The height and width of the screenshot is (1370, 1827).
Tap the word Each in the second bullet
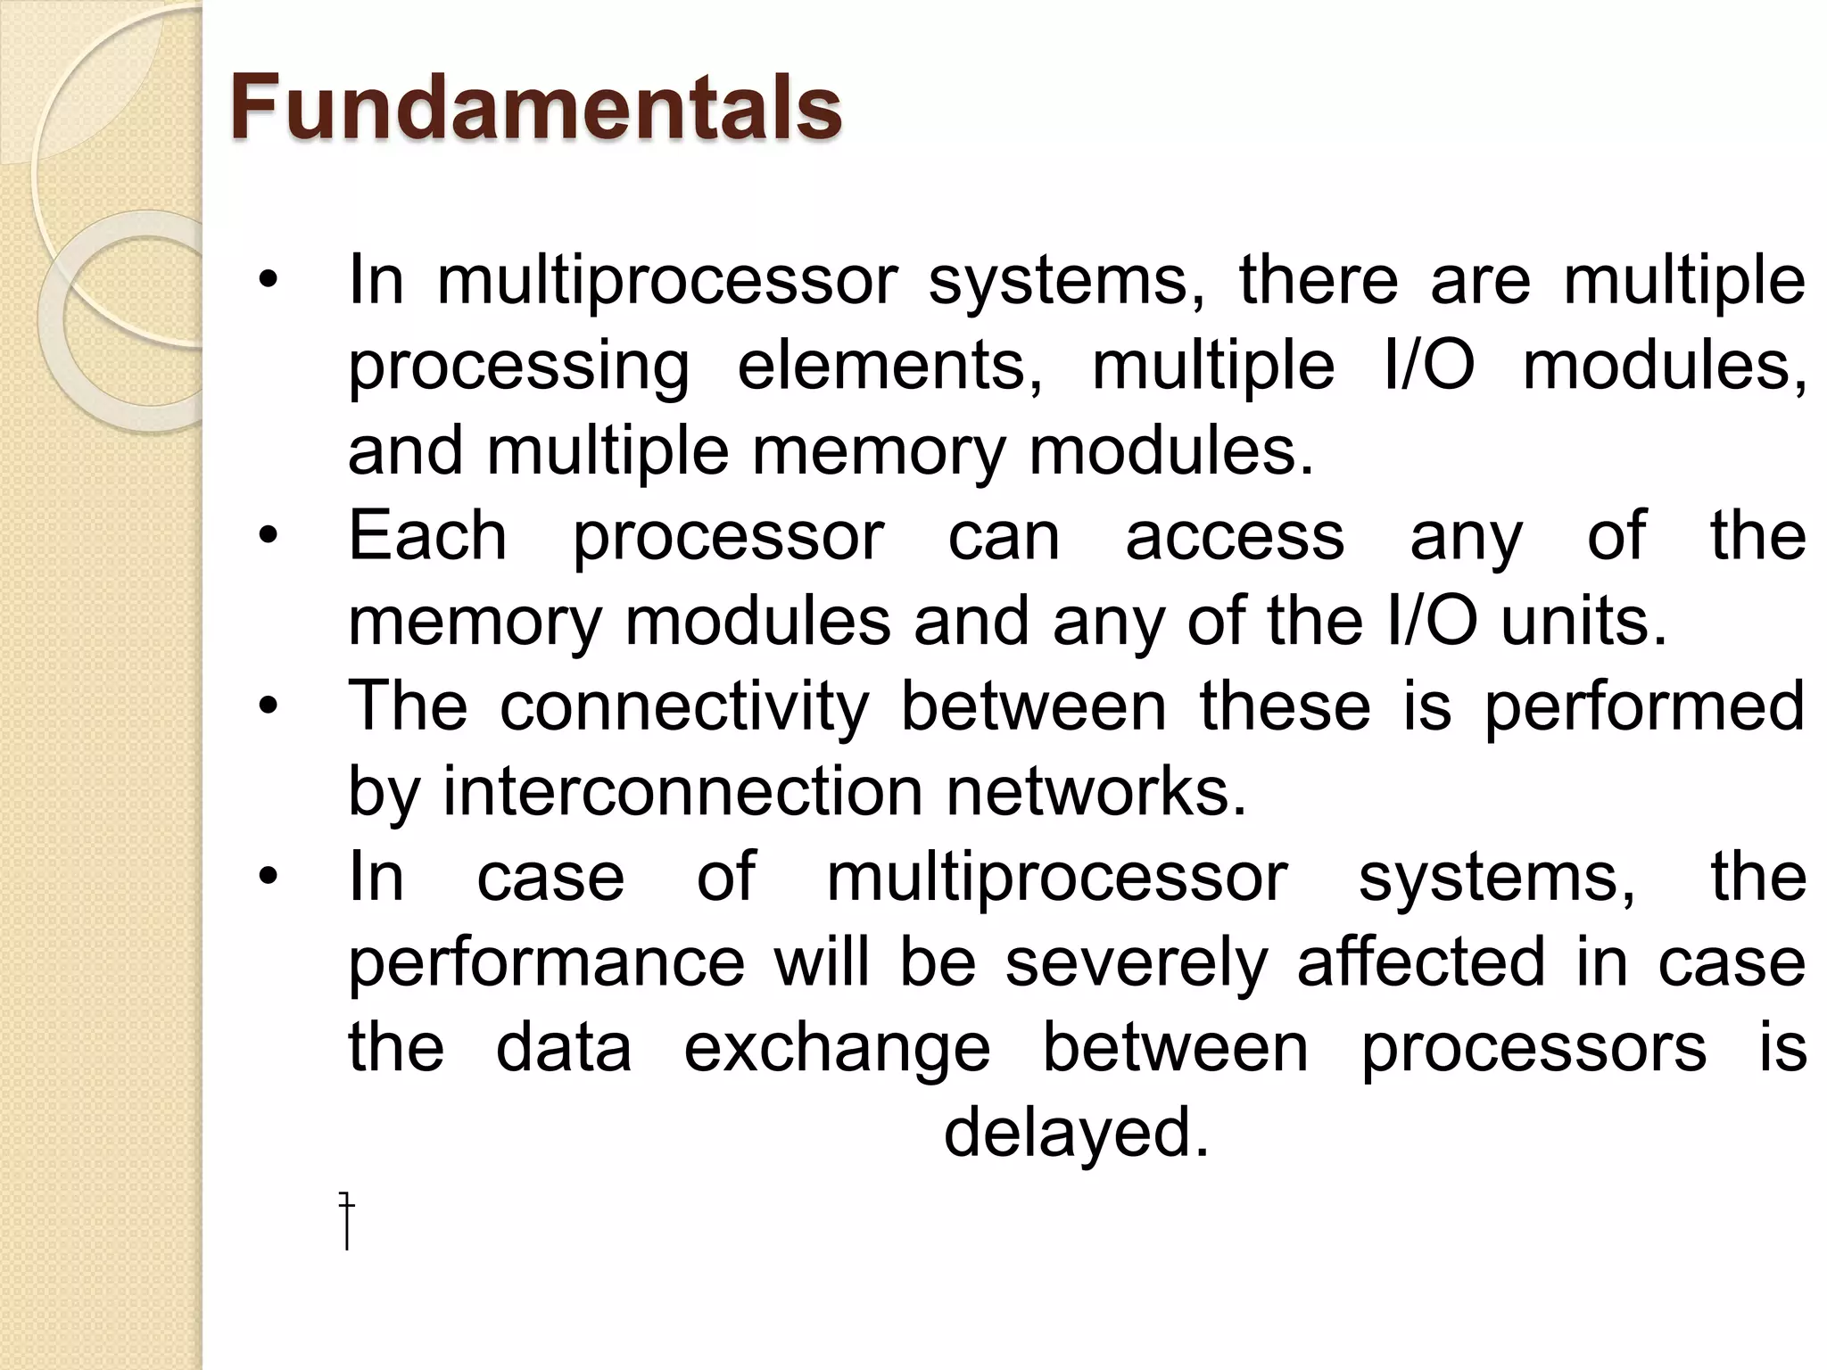(x=427, y=536)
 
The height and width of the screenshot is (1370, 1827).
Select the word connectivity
(x=683, y=706)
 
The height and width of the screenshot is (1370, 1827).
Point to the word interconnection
(x=682, y=791)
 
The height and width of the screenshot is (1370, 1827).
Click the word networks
(x=1095, y=791)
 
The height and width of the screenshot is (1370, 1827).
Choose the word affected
(x=1420, y=962)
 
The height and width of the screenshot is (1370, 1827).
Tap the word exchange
(x=837, y=1048)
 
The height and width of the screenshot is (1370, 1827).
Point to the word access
(x=1235, y=536)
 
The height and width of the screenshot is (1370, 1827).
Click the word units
(x=1583, y=621)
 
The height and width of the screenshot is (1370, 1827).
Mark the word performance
(x=546, y=962)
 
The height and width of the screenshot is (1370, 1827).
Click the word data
(x=564, y=1048)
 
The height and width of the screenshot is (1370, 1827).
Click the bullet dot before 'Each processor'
(x=268, y=537)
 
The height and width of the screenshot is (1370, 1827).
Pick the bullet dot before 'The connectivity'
(x=268, y=707)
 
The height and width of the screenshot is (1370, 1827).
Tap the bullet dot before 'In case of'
(x=268, y=878)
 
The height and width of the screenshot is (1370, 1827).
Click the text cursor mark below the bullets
(x=347, y=1220)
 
